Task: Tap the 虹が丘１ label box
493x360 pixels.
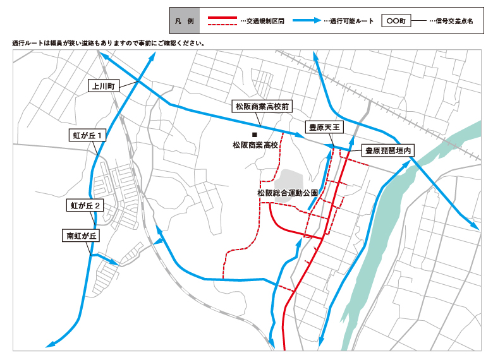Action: pyautogui.click(x=87, y=135)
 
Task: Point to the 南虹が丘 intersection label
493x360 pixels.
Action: pyautogui.click(x=82, y=236)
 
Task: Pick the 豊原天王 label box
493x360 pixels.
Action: pyautogui.click(x=324, y=127)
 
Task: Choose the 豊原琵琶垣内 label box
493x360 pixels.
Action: pyautogui.click(x=387, y=151)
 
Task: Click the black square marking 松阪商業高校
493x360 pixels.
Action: pyautogui.click(x=255, y=135)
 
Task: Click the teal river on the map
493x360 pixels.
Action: pyautogui.click(x=379, y=246)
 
